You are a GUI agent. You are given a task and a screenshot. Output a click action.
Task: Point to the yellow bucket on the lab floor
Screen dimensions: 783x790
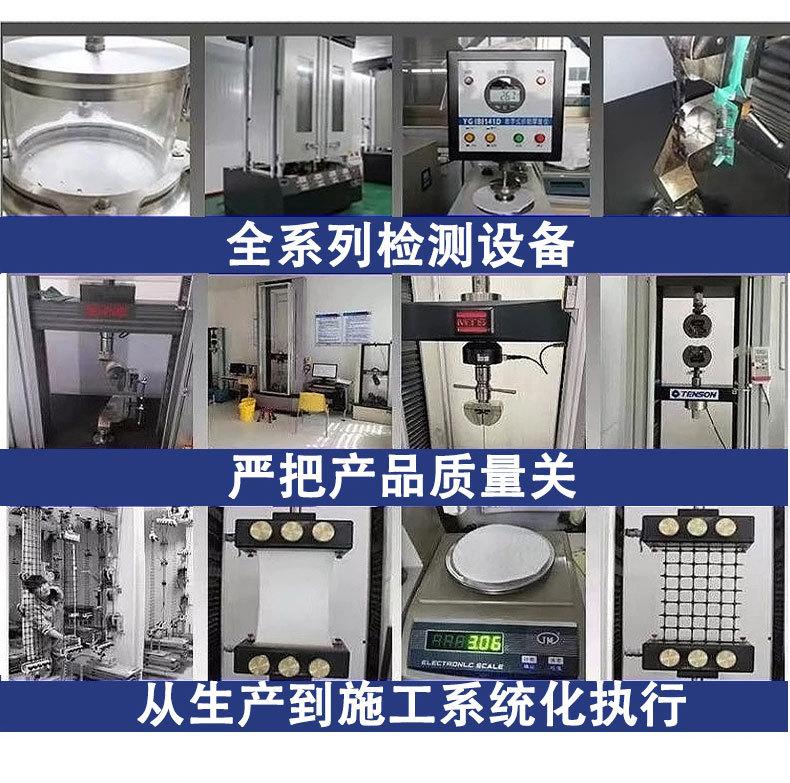(x=246, y=408)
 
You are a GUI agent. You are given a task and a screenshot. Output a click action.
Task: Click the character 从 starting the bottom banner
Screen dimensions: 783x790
(x=159, y=706)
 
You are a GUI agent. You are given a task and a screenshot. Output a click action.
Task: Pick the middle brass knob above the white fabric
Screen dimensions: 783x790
(x=293, y=531)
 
